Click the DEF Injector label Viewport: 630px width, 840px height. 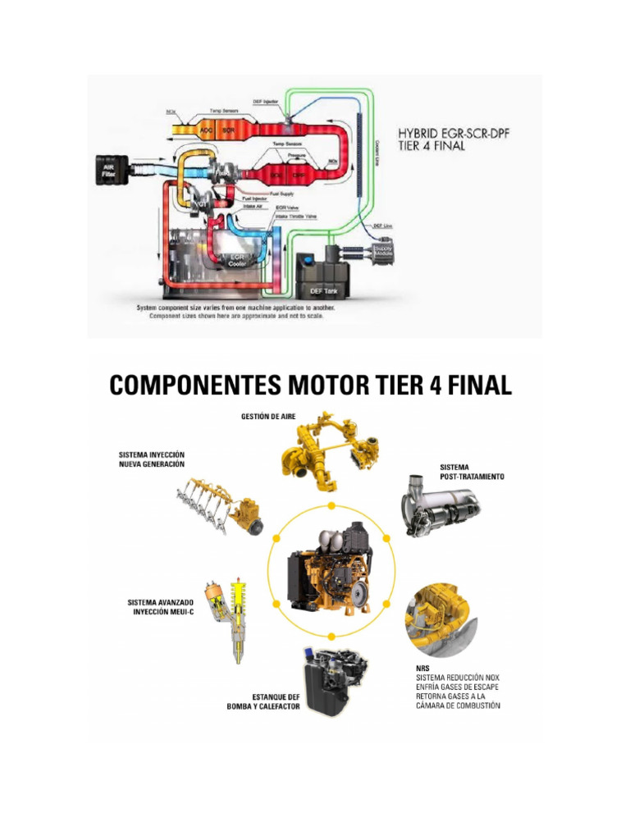pyautogui.click(x=287, y=102)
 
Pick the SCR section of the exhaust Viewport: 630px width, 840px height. pyautogui.click(x=229, y=130)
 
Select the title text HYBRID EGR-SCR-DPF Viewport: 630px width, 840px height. pyautogui.click(x=453, y=134)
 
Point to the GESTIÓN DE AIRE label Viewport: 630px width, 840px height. pyautogui.click(x=268, y=417)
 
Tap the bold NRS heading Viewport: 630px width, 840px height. pyautogui.click(x=423, y=668)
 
